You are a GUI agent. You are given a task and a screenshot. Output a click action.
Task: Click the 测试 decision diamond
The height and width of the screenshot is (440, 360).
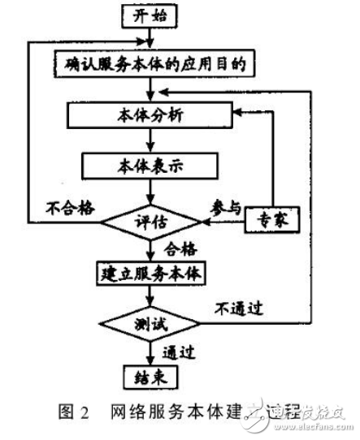pos(150,326)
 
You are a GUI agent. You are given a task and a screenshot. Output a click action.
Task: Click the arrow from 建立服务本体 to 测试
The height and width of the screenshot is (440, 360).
pos(149,296)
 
